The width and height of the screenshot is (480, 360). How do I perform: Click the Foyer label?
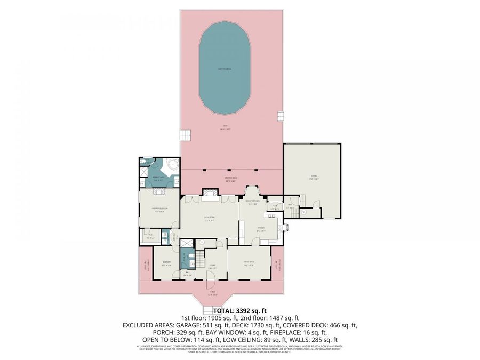212,265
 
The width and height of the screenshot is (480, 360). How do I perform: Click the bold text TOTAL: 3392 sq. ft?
239,310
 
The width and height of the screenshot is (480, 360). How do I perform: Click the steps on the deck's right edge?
281,115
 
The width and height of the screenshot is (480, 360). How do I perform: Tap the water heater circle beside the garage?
304,212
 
